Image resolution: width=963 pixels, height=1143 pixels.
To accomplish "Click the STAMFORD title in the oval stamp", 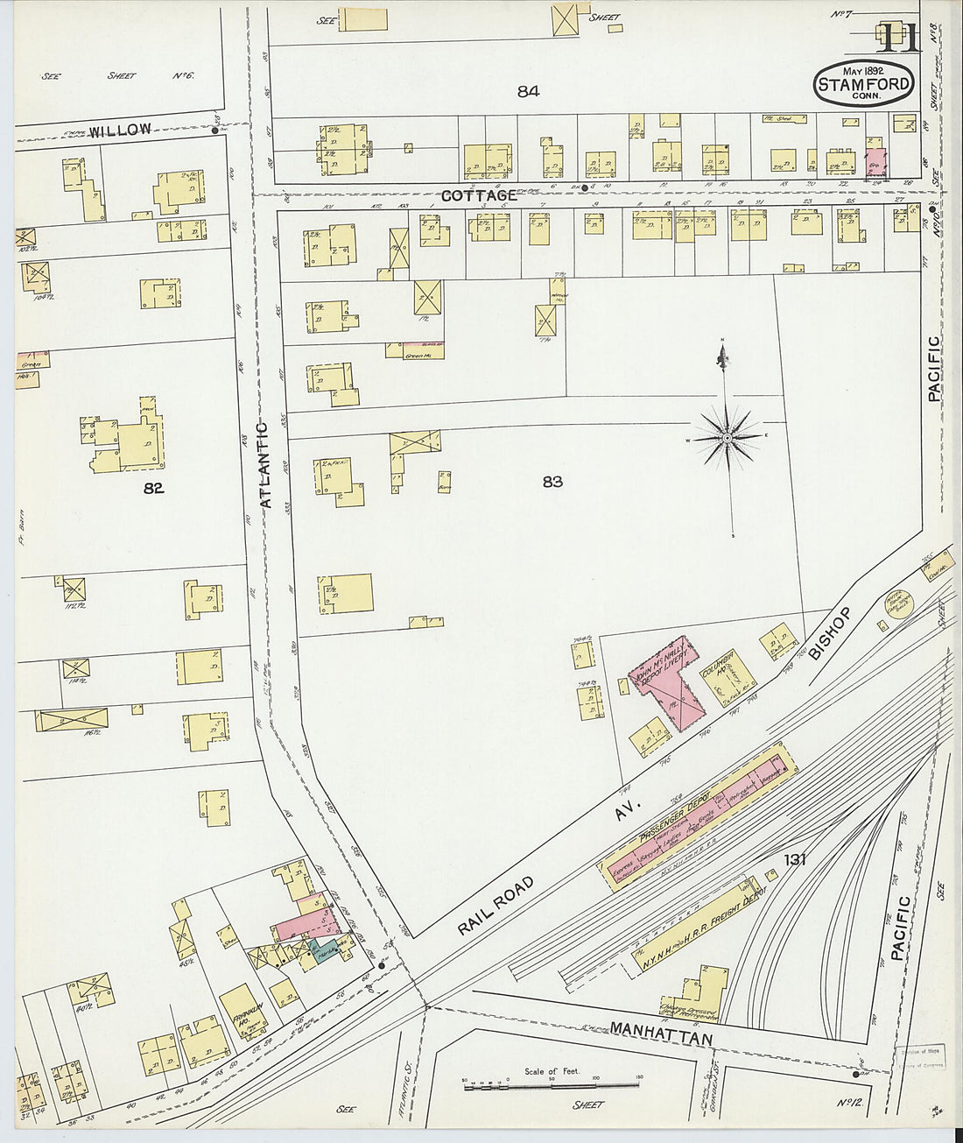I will pyautogui.click(x=864, y=85).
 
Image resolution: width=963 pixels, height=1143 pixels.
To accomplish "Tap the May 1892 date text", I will pyautogui.click(x=863, y=70).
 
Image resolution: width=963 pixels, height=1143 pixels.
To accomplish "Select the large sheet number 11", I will pyautogui.click(x=897, y=39).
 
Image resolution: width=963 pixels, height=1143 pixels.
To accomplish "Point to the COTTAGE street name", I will pyautogui.click(x=478, y=195).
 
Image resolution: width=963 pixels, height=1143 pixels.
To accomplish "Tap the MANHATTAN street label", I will pyautogui.click(x=661, y=1033).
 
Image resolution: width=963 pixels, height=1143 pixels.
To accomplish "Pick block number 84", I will pyautogui.click(x=528, y=90).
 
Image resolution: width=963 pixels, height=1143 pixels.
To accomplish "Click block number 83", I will pyautogui.click(x=552, y=482).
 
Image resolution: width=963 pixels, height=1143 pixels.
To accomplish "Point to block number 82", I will pyautogui.click(x=153, y=489).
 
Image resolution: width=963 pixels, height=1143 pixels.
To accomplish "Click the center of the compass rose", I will pyautogui.click(x=727, y=436).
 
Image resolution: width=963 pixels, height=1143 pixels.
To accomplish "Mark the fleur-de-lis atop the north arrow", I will pyautogui.click(x=723, y=356).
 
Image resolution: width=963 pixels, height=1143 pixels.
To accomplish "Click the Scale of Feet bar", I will pyautogui.click(x=552, y=1086).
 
